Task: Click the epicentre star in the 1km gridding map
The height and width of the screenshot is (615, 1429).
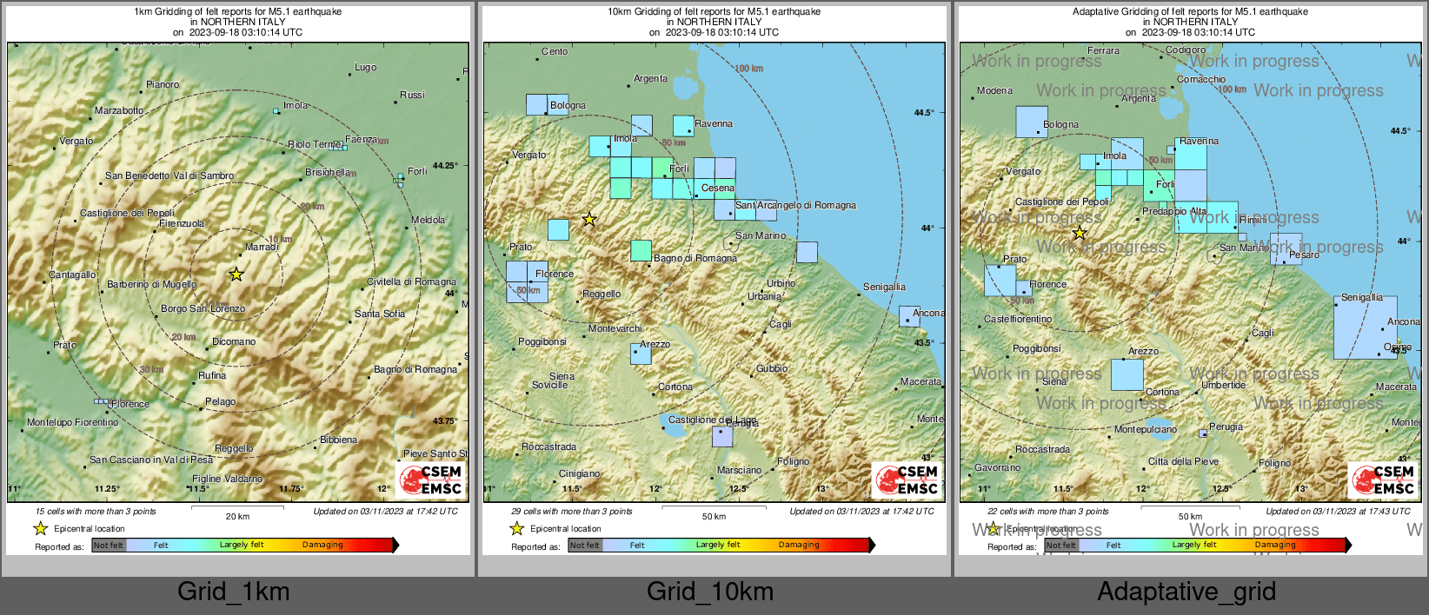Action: tap(236, 274)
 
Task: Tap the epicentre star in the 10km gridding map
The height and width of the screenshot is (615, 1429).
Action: tap(589, 220)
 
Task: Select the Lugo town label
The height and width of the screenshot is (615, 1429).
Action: tap(365, 67)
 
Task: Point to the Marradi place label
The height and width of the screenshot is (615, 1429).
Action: tap(261, 248)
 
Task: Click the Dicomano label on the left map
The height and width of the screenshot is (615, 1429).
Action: tap(234, 341)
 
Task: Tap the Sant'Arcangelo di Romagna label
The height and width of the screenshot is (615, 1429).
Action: tap(795, 206)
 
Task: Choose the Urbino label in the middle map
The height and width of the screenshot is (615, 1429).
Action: tap(781, 283)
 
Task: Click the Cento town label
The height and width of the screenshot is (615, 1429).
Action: tap(554, 51)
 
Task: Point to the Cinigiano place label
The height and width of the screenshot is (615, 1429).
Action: tap(579, 473)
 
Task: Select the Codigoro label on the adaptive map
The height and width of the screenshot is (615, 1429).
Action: tap(1186, 50)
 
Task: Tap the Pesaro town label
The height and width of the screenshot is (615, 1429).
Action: tap(1304, 255)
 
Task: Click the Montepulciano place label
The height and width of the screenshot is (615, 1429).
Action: tap(1146, 429)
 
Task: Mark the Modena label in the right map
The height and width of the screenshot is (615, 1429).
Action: tap(994, 90)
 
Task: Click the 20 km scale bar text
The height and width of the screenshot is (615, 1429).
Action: tap(237, 517)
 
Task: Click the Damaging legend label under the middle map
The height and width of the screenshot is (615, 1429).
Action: tap(798, 545)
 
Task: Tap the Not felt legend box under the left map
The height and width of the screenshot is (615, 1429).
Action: tap(109, 545)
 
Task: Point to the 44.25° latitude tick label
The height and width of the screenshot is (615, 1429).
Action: tap(445, 165)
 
